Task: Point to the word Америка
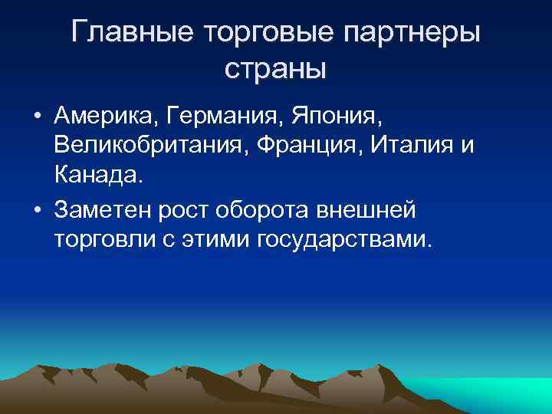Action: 103,118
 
